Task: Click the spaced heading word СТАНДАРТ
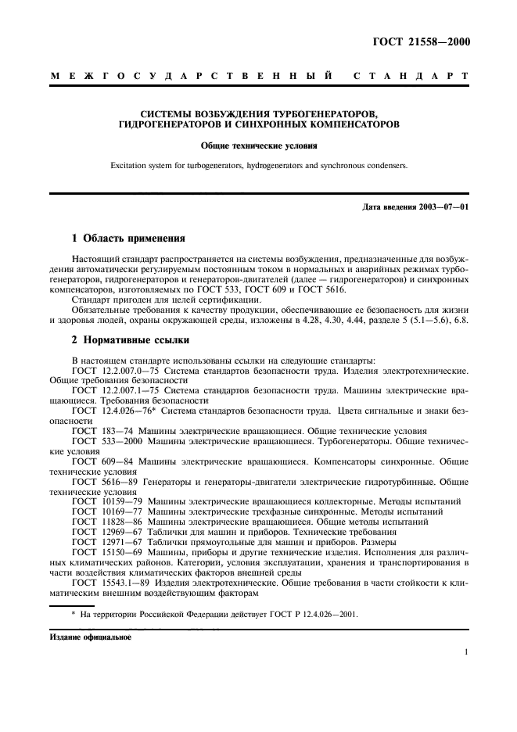pos(412,77)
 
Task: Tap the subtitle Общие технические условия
pos(258,145)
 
